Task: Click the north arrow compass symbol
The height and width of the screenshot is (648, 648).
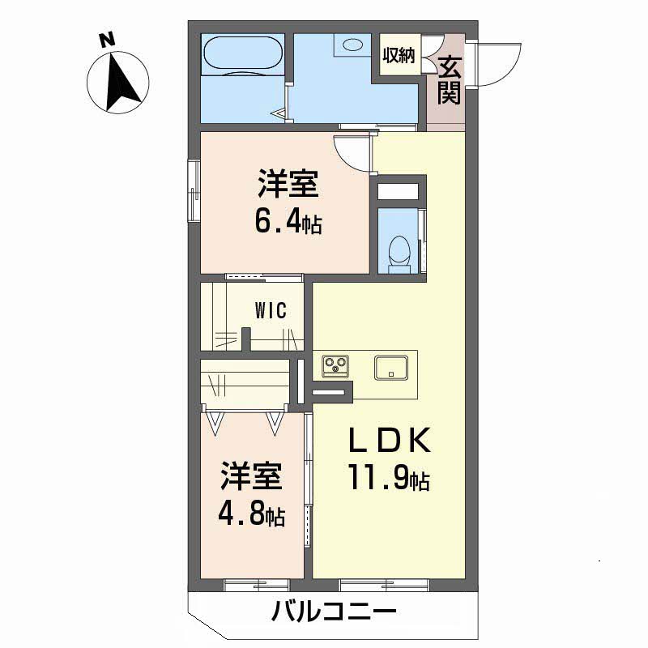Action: click(x=118, y=80)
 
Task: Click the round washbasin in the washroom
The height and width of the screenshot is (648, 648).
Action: click(x=355, y=45)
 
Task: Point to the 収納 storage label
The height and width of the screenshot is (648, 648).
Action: click(x=399, y=56)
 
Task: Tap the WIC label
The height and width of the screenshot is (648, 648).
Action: click(x=270, y=312)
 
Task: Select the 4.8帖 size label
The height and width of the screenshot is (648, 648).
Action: click(x=251, y=515)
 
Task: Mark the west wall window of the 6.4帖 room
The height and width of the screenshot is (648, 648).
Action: click(x=194, y=191)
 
